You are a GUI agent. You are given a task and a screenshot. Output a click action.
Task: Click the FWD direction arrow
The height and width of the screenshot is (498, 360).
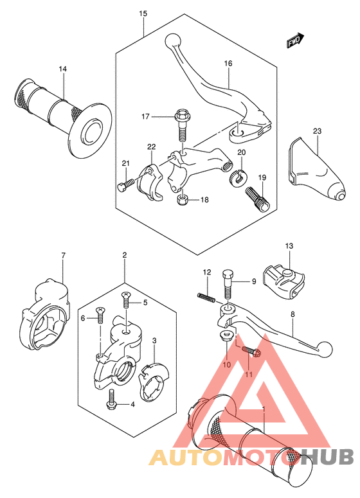pos(296,40)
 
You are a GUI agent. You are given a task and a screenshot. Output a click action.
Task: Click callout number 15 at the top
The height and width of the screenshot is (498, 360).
pos(143,13)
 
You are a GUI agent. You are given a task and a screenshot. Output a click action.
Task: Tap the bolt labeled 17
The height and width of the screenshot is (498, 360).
pos(181,125)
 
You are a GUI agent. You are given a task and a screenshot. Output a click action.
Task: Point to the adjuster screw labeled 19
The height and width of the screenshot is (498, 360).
pos(257,198)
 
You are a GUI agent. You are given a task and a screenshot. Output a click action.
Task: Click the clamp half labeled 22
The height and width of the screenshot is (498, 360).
pos(150,182)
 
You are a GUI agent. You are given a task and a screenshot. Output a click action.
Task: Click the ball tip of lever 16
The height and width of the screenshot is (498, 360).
pos(173,40)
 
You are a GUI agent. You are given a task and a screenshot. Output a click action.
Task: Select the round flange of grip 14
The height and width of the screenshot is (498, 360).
pos(91,130)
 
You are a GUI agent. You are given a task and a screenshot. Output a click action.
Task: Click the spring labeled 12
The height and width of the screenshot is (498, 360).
pos(206,297)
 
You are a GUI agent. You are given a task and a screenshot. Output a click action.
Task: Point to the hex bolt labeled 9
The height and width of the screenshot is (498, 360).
pos(228,283)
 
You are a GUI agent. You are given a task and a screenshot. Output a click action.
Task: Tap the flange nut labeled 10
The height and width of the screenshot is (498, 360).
pos(226,336)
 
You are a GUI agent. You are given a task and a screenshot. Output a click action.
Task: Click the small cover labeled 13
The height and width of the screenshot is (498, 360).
pos(283,279)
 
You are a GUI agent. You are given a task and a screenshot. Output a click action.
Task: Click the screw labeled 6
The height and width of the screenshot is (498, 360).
pos(100,315)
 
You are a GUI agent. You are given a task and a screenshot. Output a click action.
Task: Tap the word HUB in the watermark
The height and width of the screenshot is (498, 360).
pos(327,457)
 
